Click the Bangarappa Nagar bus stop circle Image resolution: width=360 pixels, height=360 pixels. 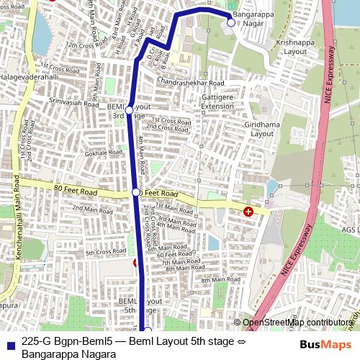point(230,22)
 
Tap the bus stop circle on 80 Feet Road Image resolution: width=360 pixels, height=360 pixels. point(136,192)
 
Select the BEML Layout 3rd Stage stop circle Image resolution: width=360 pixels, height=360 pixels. point(129,110)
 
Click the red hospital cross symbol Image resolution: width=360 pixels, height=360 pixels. point(248,212)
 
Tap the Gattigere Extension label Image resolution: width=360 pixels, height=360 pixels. point(217,102)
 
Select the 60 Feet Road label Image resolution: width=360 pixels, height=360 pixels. point(174,254)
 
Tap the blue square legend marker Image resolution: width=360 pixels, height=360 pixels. point(9,343)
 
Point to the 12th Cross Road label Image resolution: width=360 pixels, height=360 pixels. point(82,45)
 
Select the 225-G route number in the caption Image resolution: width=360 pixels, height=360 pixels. point(36,342)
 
